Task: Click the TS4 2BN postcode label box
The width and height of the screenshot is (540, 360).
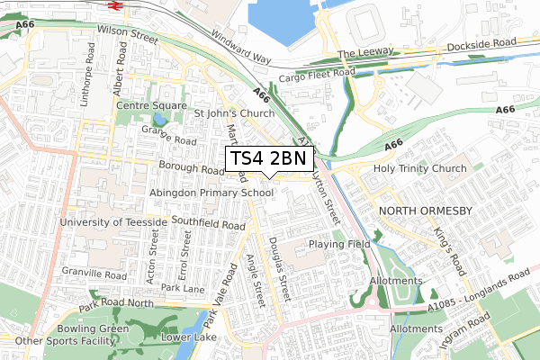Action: click(269, 158)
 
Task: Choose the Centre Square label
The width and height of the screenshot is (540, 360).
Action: click(151, 106)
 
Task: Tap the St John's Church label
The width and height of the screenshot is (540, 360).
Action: click(234, 114)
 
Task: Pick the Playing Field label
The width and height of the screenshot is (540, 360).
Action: click(339, 244)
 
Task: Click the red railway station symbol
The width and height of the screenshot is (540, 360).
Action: click(115, 4)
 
